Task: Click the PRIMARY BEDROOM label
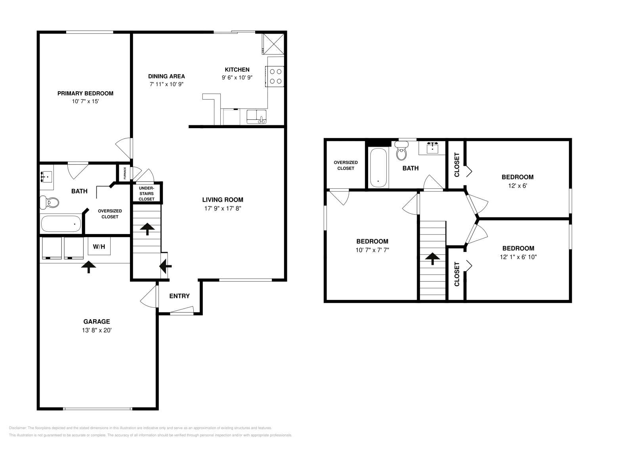tap(85, 94)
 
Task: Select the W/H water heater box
tap(99, 247)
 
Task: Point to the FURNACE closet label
tap(125, 173)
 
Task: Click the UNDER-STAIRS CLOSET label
tap(147, 193)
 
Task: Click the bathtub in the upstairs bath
tap(378, 168)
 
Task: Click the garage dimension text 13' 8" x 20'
tap(97, 330)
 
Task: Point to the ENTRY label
tap(180, 296)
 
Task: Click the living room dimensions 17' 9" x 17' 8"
tap(223, 208)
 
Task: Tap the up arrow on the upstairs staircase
tap(432, 259)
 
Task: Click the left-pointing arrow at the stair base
tap(165, 266)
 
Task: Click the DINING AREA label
tap(166, 76)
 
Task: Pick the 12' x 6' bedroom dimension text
tap(518, 185)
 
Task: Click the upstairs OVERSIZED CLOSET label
tap(346, 165)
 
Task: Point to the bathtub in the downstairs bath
tap(60, 224)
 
